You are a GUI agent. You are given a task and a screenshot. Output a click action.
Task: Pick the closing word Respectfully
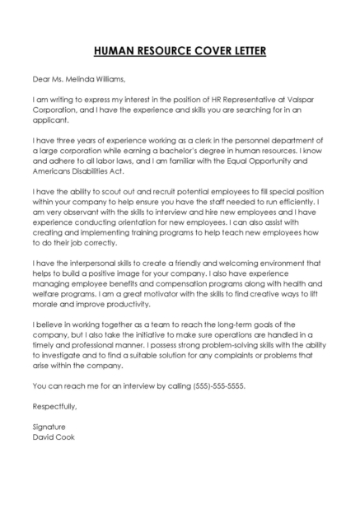click(54, 406)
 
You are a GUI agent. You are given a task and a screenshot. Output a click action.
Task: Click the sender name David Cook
click(54, 437)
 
